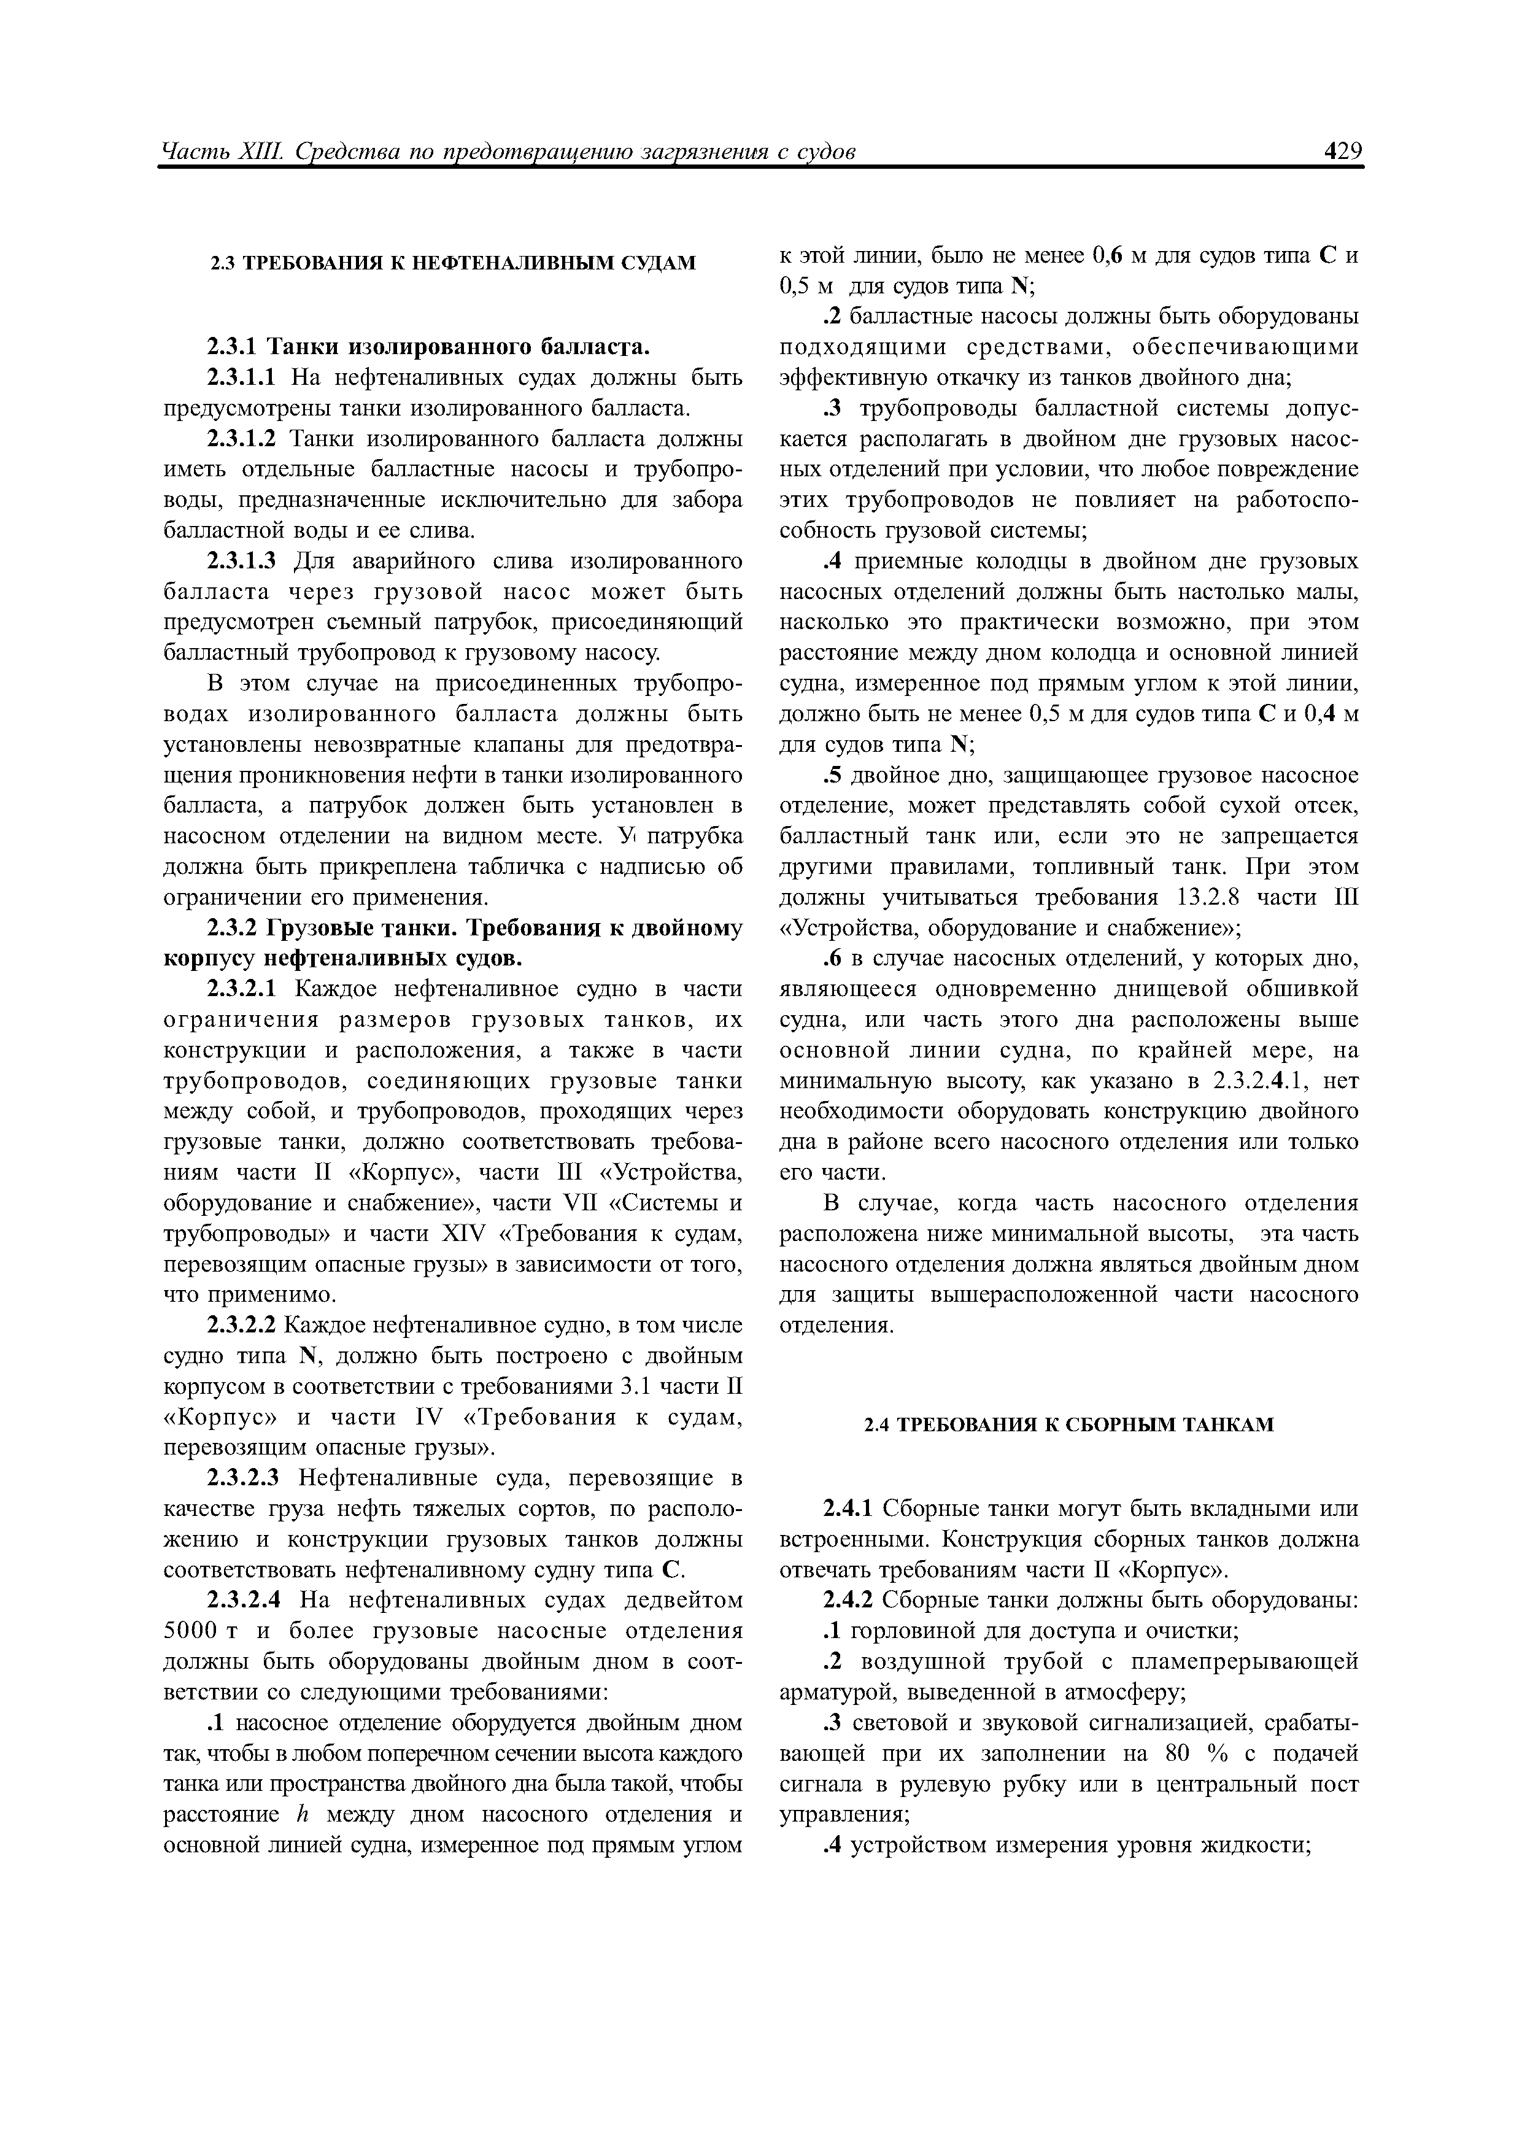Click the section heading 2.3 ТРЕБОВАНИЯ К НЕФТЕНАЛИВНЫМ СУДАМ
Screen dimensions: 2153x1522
(x=452, y=263)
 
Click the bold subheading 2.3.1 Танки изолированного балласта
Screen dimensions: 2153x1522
(x=428, y=347)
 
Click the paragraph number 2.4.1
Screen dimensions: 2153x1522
(x=848, y=1509)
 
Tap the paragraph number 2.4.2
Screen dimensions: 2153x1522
(x=848, y=1600)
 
